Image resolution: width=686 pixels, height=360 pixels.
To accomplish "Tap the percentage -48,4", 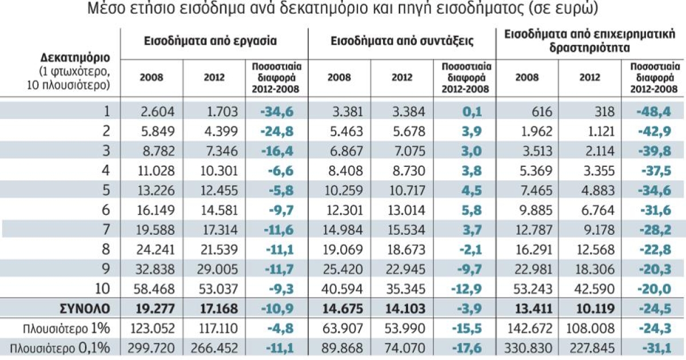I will (x=654, y=110).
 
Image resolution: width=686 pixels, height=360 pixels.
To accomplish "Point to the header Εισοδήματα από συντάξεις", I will (x=402, y=41).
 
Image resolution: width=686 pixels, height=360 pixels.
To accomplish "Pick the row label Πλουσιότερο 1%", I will (x=69, y=329).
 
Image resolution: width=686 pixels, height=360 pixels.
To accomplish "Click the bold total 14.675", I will (x=339, y=309).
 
